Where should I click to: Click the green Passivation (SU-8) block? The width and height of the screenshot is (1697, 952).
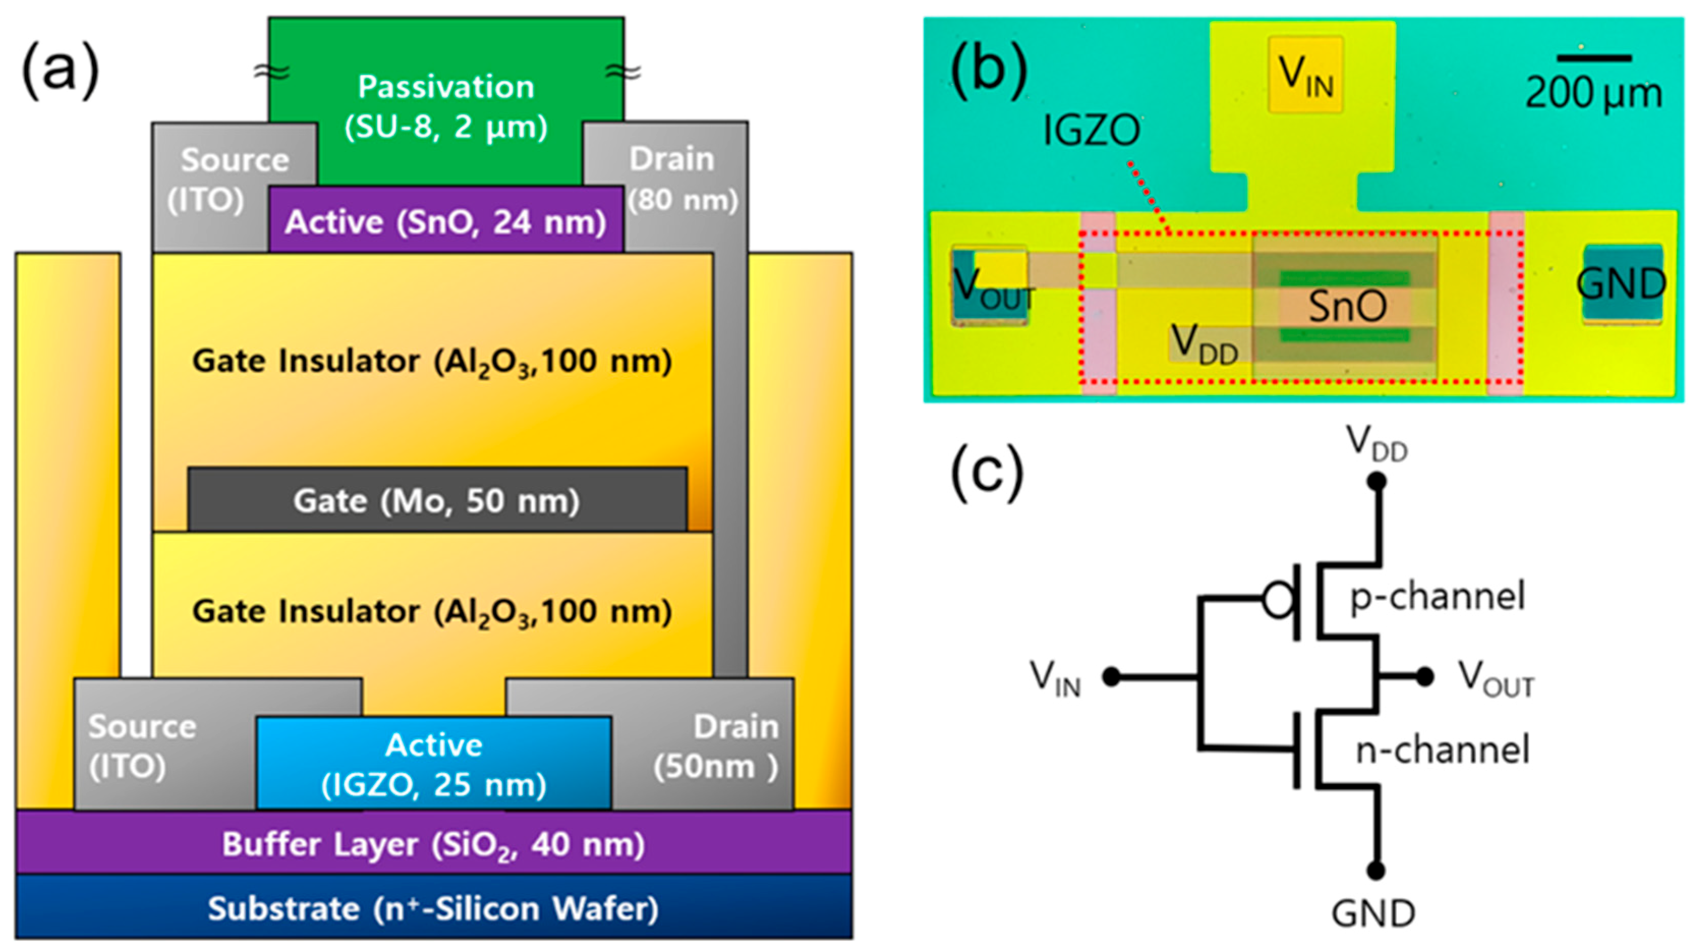[446, 99]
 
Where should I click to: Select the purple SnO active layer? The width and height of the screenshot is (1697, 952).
[446, 221]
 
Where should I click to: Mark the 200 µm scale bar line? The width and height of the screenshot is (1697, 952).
[1594, 59]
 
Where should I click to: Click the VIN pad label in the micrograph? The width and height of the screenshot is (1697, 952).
[1305, 76]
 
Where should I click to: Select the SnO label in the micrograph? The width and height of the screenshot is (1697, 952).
[1347, 306]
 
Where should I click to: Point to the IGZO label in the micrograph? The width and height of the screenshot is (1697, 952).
[1091, 130]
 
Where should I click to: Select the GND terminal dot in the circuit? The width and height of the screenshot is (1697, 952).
[1376, 870]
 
